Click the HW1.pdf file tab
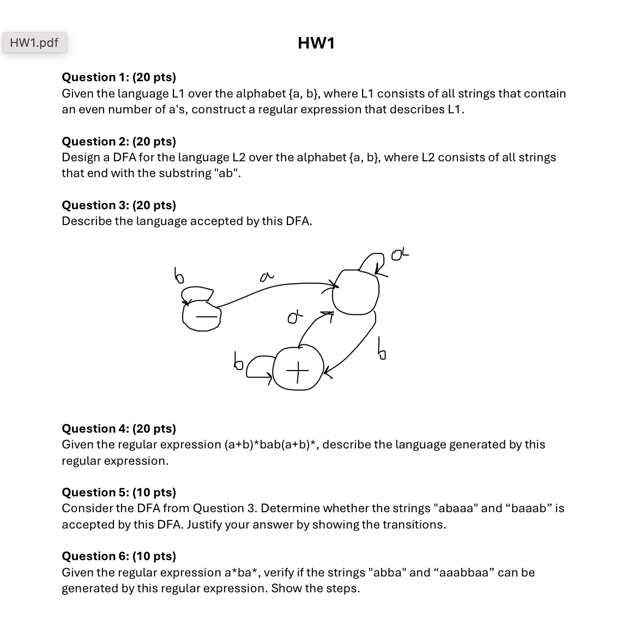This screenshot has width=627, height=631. pos(34,43)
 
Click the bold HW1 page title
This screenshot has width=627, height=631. pos(316,43)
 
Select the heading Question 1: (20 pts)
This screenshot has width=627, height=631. pos(119,77)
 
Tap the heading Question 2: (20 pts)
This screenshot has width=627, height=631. pos(119,141)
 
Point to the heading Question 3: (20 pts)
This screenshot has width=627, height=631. pos(119,205)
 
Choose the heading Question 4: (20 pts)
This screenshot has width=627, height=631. pos(119,428)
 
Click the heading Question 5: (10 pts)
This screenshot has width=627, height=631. pos(119,492)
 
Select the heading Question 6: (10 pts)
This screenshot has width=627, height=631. pos(119,556)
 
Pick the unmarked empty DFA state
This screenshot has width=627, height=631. pos(355,293)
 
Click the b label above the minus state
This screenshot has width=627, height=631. pos(178,275)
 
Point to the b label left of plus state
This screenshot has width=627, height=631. pos(238,360)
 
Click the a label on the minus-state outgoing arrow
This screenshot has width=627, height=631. pos(266,277)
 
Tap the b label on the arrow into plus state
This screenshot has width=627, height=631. pos(382,349)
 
